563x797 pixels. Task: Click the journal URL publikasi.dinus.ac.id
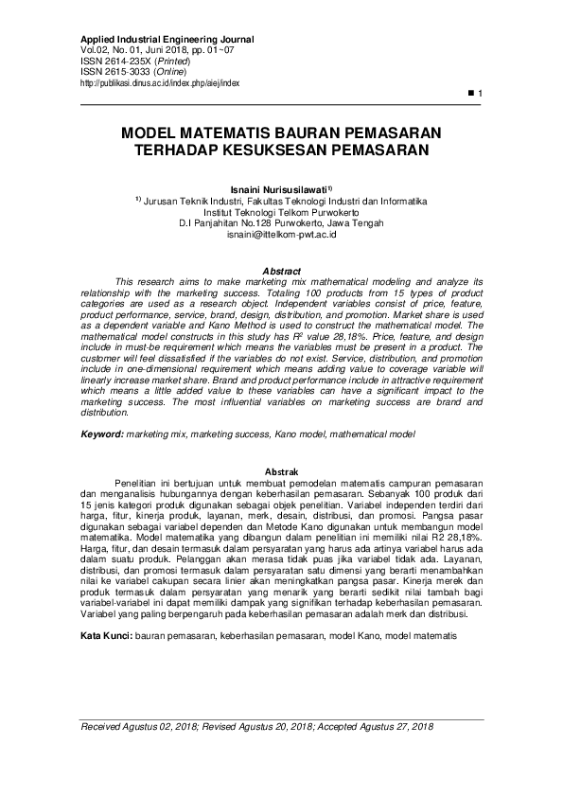pos(161,82)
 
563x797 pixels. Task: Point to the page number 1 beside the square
pos(481,94)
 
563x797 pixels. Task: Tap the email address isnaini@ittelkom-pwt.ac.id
pos(282,234)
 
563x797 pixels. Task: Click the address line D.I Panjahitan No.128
pos(227,222)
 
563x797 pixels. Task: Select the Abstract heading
pos(281,271)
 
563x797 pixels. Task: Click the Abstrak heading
pos(281,471)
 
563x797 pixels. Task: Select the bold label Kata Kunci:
pos(106,635)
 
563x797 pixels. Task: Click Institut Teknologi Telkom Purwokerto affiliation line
pos(282,211)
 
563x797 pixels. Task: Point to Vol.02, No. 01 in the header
pos(109,50)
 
